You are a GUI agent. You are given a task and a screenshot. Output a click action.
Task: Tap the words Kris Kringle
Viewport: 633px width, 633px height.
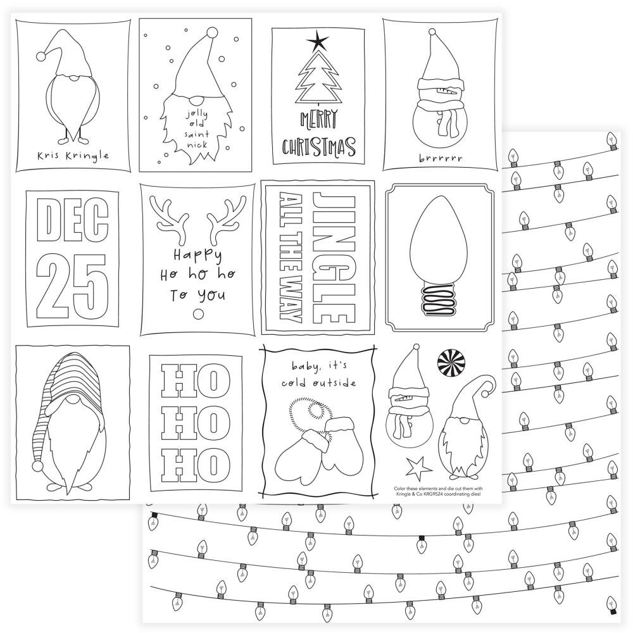tap(73, 156)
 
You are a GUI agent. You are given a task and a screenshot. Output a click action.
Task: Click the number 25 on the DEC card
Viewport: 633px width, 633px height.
tap(73, 287)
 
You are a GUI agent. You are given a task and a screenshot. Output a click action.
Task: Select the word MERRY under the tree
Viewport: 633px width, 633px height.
tap(319, 119)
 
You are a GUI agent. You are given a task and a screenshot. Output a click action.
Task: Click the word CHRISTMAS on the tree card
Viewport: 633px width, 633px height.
tap(318, 147)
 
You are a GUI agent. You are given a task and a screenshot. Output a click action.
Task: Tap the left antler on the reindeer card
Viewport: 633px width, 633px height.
tap(169, 213)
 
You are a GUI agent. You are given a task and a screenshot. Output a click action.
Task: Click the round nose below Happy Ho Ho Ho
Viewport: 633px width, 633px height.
tap(198, 314)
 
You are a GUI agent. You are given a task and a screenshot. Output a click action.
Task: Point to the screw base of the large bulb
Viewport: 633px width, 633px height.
tap(439, 301)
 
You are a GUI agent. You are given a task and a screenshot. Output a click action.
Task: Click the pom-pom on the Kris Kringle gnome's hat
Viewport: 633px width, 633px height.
tap(41, 56)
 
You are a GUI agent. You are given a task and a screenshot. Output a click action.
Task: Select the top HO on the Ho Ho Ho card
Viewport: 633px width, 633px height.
tap(196, 380)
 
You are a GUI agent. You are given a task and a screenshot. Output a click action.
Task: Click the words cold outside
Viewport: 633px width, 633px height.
tap(319, 382)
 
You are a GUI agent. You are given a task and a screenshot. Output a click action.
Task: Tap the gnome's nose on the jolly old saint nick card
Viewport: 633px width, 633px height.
tap(197, 101)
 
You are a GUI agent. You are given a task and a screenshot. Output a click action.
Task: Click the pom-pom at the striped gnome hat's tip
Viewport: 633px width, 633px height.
tap(37, 467)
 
